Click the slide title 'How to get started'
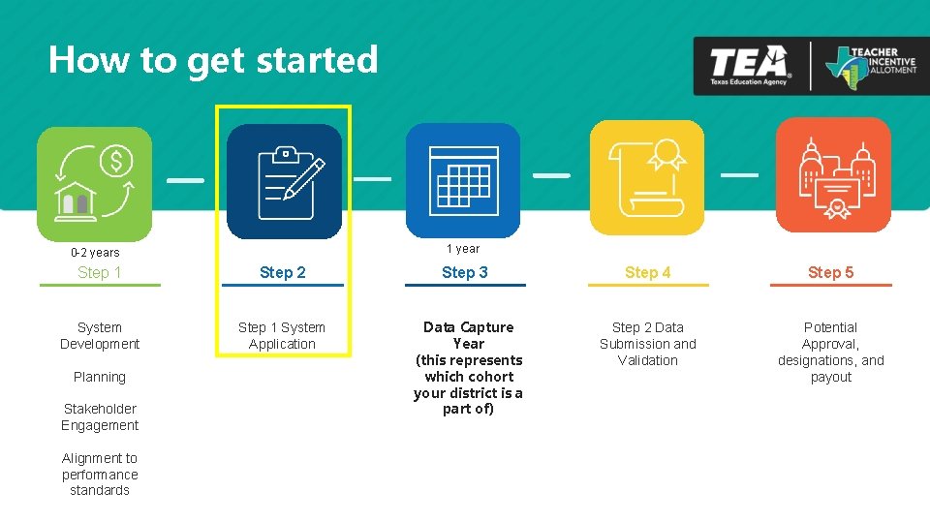[213, 60]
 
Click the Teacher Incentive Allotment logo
[870, 66]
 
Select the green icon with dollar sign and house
[95, 183]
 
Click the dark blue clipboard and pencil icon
[284, 181]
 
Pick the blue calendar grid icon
[463, 179]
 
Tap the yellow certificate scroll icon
[646, 177]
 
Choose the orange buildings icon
[833, 175]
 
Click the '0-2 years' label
[95, 253]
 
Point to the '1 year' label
[463, 249]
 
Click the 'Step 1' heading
[100, 273]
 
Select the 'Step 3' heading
[465, 273]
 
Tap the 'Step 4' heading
[647, 273]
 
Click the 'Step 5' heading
[831, 273]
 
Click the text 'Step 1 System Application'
[282, 336]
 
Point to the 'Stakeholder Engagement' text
[100, 417]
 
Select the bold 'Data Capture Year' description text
[469, 368]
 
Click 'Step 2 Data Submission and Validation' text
[648, 344]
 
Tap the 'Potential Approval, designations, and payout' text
[831, 353]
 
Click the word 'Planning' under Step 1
[100, 377]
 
